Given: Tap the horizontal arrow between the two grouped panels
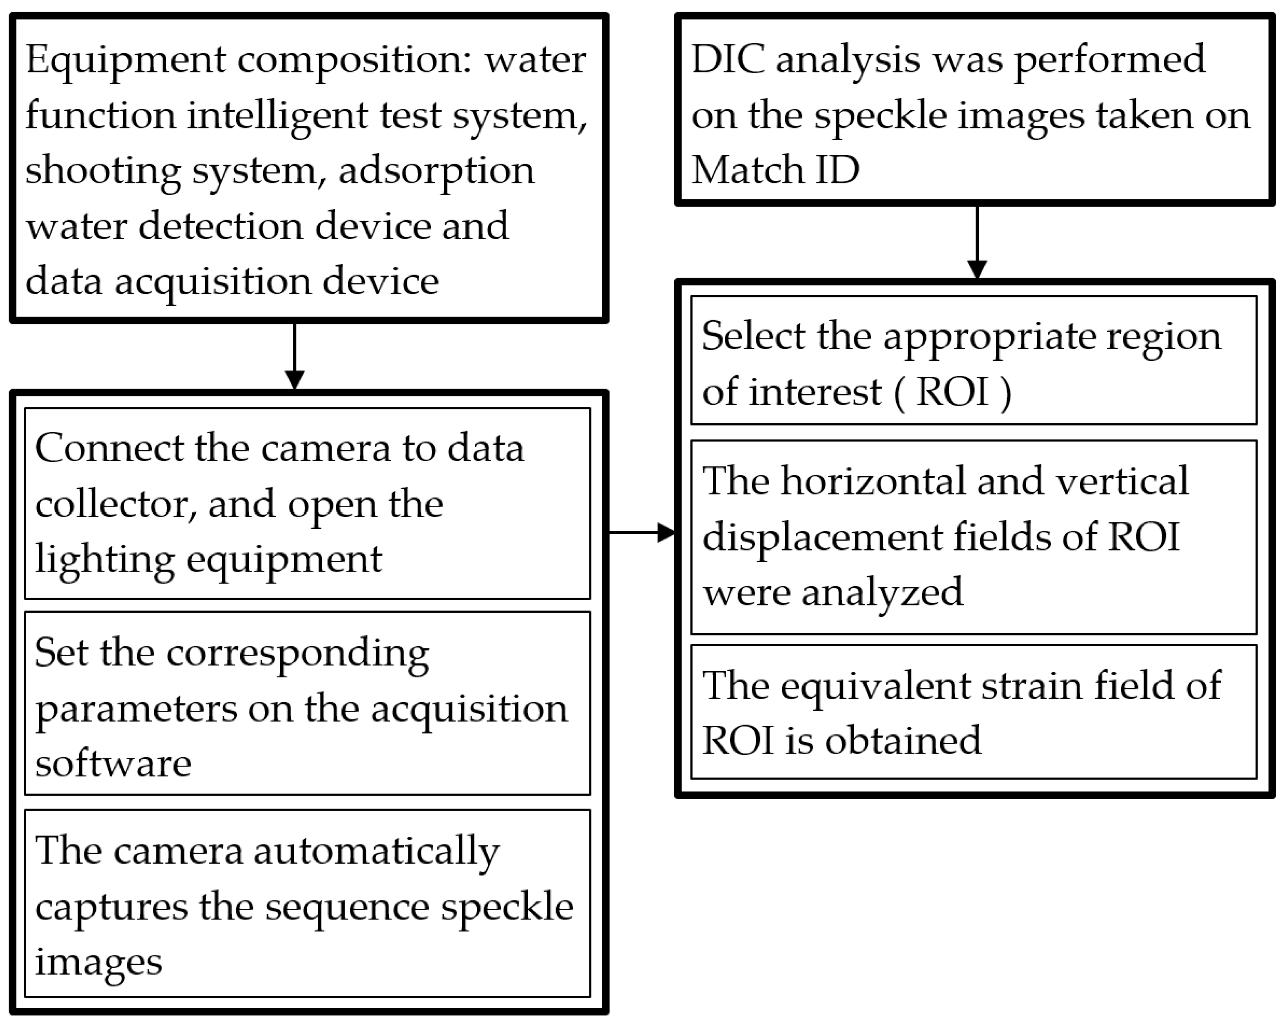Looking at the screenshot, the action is coord(642,532).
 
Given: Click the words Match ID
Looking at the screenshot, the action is coord(775,170).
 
